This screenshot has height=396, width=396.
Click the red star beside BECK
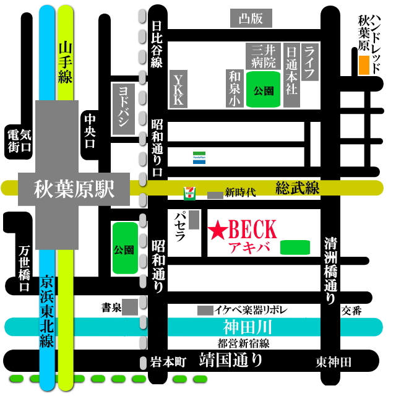pos(218,231)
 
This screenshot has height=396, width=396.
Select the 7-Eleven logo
pos(187,194)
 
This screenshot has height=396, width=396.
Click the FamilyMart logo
pos(199,158)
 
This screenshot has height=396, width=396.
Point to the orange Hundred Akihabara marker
pos(364,65)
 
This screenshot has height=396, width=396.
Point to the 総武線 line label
pos(298,187)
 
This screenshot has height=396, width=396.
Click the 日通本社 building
pos(292,74)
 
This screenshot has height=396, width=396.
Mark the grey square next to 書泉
pos(131,307)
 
